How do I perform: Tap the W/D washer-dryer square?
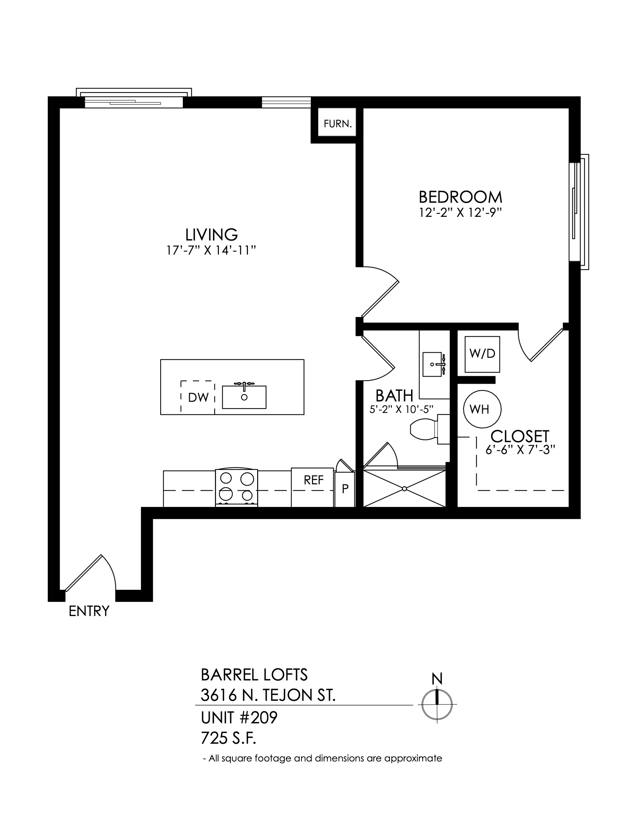point(482,354)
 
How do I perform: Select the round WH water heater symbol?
point(482,409)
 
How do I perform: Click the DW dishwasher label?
point(198,398)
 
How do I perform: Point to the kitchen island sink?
point(244,397)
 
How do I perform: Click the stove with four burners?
point(237,488)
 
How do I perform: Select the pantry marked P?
point(345,489)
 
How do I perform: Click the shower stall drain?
point(404,488)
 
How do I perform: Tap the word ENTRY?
point(89,611)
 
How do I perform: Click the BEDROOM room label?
point(461,197)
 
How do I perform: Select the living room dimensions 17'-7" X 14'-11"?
point(211,250)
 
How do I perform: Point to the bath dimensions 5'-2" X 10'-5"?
point(401,409)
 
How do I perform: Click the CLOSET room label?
point(520,436)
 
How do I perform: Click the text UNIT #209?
point(239,717)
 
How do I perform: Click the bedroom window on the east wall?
point(579,212)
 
